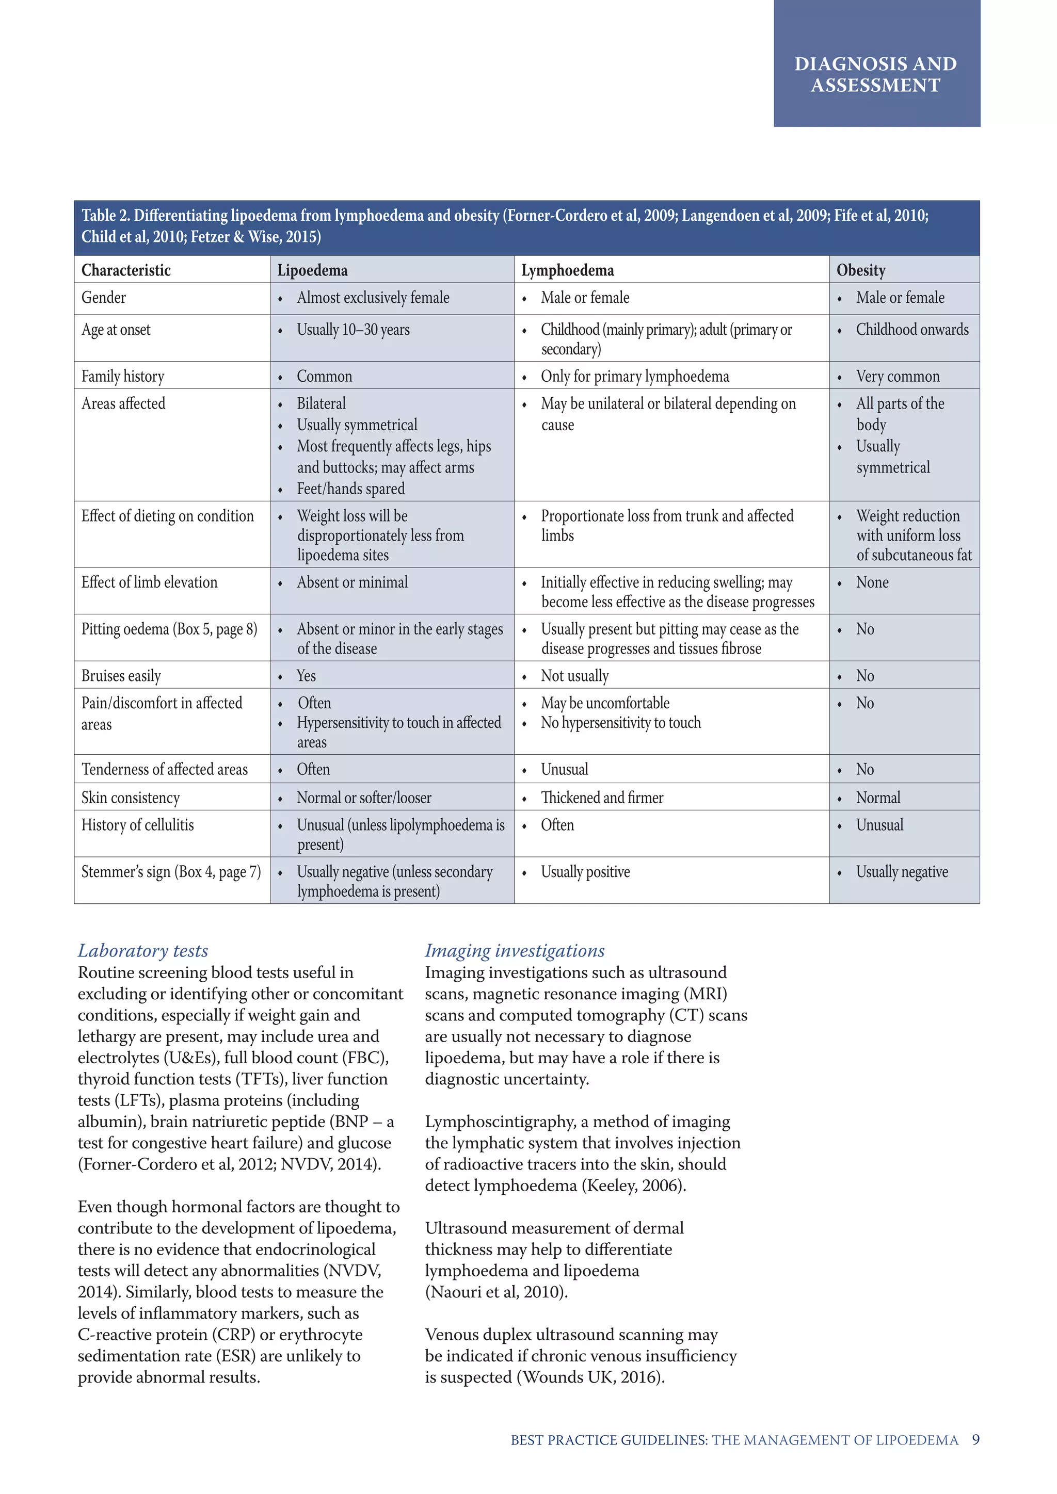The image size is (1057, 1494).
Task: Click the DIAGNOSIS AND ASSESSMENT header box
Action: pyautogui.click(x=876, y=74)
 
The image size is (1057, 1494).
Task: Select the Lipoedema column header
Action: pyautogui.click(x=312, y=270)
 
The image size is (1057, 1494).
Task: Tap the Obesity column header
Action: pyautogui.click(x=860, y=270)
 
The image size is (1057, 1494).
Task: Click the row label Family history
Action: pyautogui.click(x=123, y=376)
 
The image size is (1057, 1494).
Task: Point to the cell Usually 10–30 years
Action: pyautogui.click(x=353, y=330)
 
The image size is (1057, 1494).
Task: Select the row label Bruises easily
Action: pyautogui.click(x=121, y=676)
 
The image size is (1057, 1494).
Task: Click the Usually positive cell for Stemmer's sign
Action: pyautogui.click(x=585, y=872)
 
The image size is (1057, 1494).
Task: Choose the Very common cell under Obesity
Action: pyautogui.click(x=898, y=377)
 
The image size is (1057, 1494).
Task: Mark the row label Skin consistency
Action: pyautogui.click(x=130, y=798)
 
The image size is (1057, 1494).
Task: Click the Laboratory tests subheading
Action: pyautogui.click(x=143, y=951)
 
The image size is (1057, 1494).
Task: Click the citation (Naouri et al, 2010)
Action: pyautogui.click(x=496, y=1292)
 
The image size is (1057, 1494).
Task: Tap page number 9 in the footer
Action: pyautogui.click(x=975, y=1440)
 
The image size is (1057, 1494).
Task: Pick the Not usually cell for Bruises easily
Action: pyautogui.click(x=575, y=676)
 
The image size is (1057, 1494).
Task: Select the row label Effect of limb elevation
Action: pyautogui.click(x=149, y=582)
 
